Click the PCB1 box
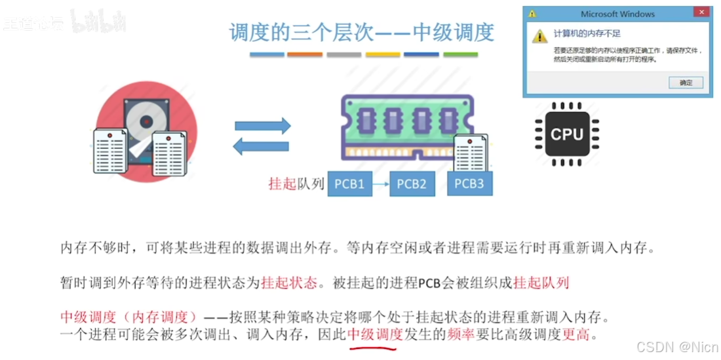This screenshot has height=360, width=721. [x=349, y=184]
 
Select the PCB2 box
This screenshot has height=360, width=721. [x=412, y=184]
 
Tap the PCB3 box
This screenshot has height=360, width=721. [x=469, y=183]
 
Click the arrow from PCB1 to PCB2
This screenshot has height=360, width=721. [x=380, y=184]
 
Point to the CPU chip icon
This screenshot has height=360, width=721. [x=567, y=134]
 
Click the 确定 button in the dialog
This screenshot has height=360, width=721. [x=686, y=83]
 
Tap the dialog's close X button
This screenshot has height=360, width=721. [x=702, y=13]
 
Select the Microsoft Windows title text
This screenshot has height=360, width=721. [x=617, y=14]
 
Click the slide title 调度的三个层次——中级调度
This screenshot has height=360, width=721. [x=361, y=32]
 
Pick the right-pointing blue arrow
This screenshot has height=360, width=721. [x=262, y=125]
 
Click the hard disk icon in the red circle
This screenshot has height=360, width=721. [x=146, y=128]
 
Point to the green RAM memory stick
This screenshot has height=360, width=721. [x=407, y=125]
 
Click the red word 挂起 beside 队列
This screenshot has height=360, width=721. [x=283, y=184]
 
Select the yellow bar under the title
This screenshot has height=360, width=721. [x=382, y=54]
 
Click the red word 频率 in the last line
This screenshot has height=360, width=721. [x=461, y=335]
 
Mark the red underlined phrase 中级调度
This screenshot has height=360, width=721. [x=375, y=335]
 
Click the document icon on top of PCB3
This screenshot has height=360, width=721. [x=471, y=154]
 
